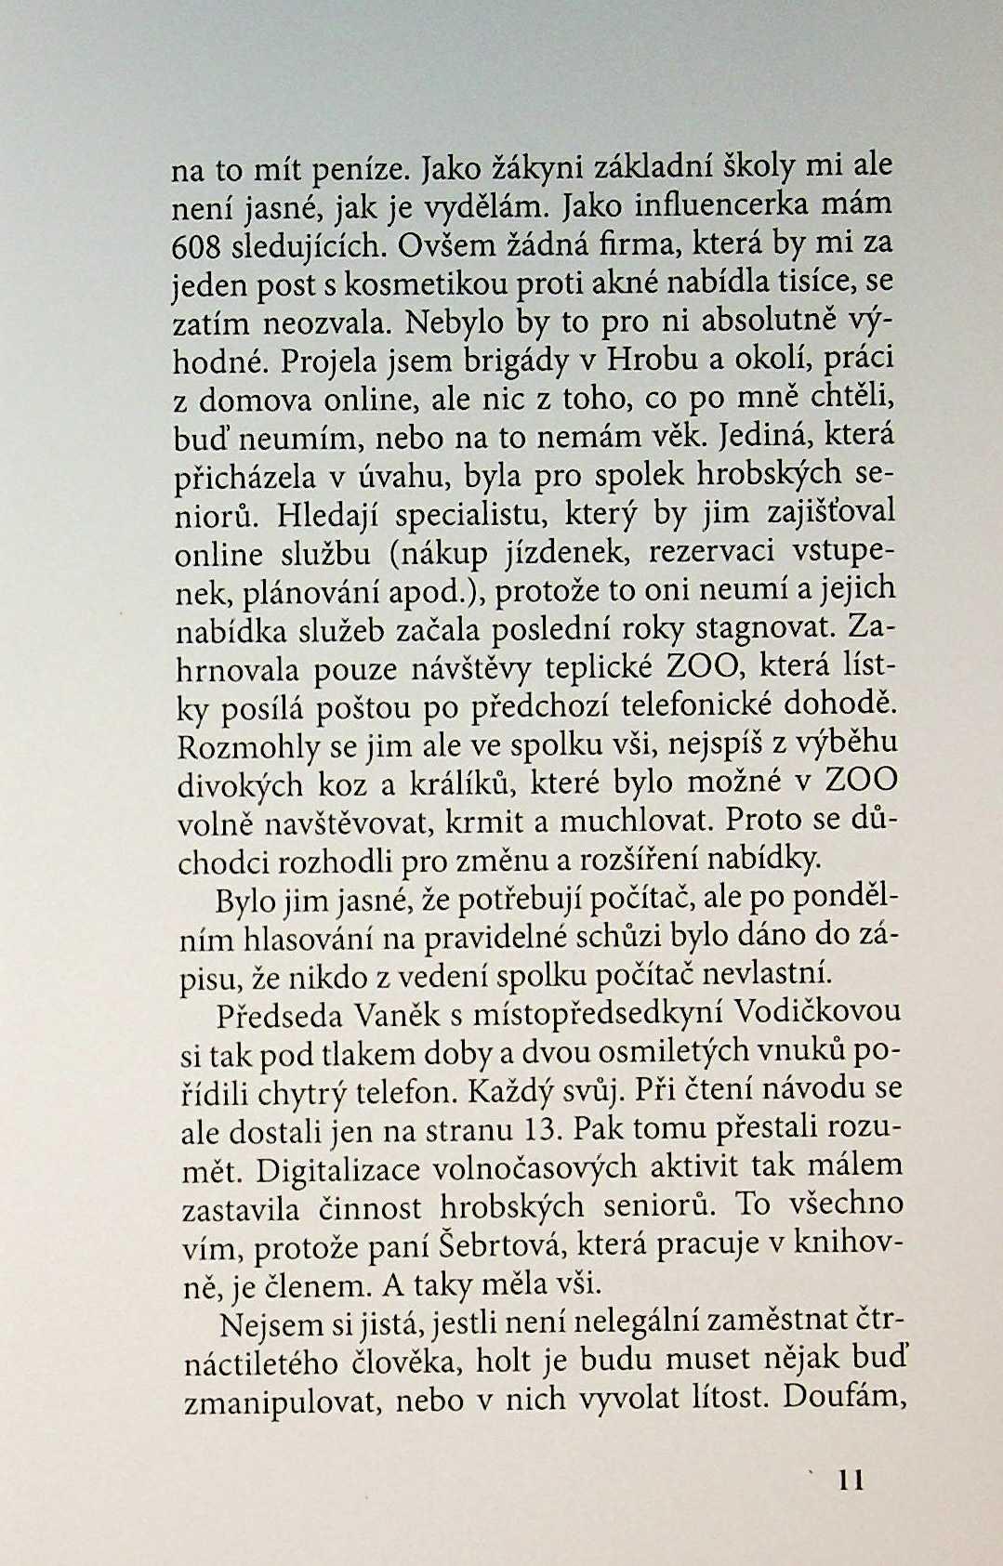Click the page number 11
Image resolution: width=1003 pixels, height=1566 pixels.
pos(851,1480)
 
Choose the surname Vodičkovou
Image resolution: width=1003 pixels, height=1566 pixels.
pos(819,1012)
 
